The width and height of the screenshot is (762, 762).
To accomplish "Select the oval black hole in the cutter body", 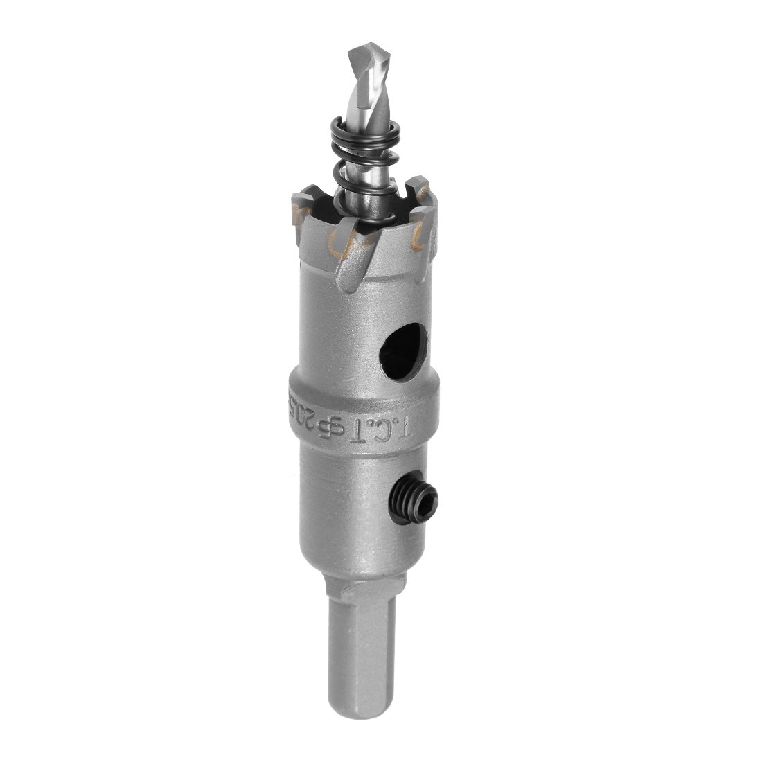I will click(399, 354).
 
